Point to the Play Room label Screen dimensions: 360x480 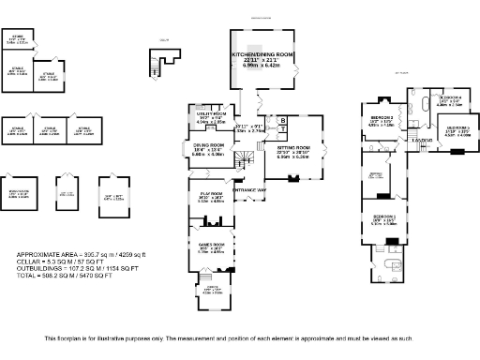[210, 195]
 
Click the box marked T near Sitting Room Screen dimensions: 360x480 [282, 131]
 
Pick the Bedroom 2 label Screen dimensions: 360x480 [381, 117]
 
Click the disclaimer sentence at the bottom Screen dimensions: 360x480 [240, 338]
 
